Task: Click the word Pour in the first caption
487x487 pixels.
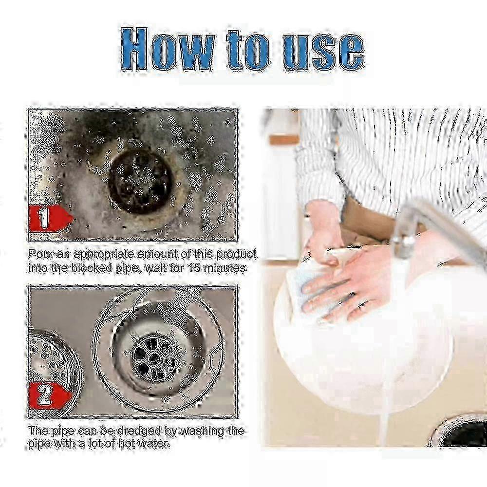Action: click(39, 254)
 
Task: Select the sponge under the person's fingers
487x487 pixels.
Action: click(302, 287)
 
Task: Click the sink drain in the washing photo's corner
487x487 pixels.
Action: click(460, 433)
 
